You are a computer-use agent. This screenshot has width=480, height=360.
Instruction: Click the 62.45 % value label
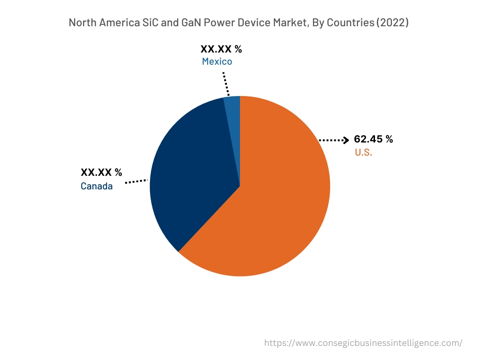point(373,139)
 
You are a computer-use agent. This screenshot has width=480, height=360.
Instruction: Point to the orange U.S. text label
point(363,152)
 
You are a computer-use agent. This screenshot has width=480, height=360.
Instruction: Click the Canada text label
point(97,186)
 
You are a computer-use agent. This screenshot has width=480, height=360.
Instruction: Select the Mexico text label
point(217,61)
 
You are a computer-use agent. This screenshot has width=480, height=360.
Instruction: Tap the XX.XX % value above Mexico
point(221,49)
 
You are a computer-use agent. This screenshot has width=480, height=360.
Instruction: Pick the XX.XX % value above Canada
point(101,172)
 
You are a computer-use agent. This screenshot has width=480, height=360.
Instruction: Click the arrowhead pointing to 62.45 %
point(346,140)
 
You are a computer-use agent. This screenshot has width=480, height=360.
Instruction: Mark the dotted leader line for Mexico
point(225,84)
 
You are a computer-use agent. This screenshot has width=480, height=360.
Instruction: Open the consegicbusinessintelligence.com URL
point(363,343)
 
